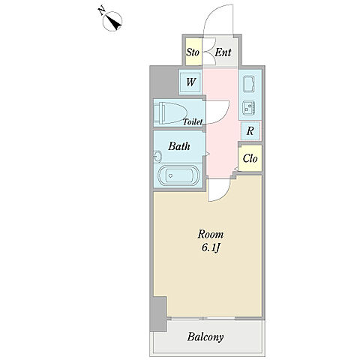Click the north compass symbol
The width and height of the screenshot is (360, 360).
[x=112, y=21]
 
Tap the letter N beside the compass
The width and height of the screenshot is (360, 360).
[x=101, y=11]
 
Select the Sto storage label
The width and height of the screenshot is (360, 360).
[x=193, y=52]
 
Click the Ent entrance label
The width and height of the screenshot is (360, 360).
[x=223, y=52]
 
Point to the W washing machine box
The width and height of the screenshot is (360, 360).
[x=190, y=82]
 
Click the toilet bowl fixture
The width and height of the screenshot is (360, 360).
[x=170, y=112]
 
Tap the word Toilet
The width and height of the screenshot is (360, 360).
[x=193, y=121]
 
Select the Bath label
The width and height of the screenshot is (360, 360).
[x=179, y=146]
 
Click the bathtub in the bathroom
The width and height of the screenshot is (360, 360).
[x=178, y=175]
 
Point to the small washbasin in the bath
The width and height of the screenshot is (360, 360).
[x=157, y=157]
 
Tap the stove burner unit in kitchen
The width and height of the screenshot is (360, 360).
[x=249, y=108]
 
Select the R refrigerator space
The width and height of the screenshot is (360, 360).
[x=250, y=130]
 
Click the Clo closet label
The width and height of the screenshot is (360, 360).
[x=250, y=158]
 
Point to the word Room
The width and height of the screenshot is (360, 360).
[x=211, y=235]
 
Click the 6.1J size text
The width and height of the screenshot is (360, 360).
[x=211, y=248]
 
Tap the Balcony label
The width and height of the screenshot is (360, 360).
[x=205, y=337]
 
